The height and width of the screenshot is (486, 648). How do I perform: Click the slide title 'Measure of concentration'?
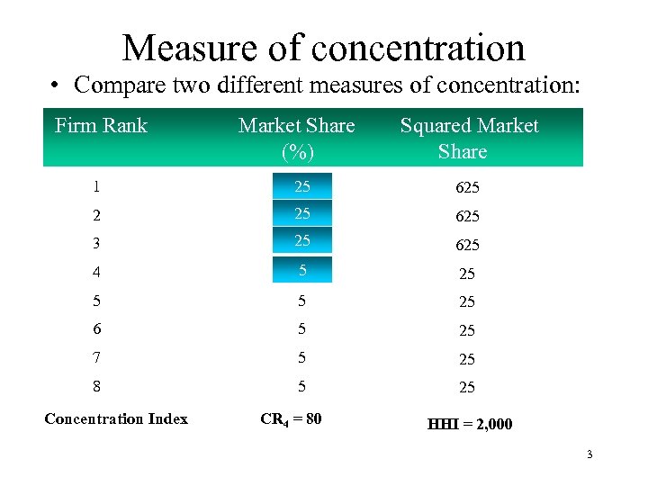click(323, 47)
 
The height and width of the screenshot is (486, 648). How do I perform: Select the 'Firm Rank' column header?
click(101, 126)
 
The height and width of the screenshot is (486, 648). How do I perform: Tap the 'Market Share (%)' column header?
click(296, 139)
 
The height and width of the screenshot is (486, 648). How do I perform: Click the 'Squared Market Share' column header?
click(469, 139)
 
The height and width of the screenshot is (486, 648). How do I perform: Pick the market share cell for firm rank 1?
click(301, 187)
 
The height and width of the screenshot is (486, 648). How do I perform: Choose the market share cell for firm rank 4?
click(301, 269)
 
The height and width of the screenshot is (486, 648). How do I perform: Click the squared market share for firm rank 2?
click(467, 216)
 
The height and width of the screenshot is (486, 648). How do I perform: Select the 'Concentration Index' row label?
click(116, 418)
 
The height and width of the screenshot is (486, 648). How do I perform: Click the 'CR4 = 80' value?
click(291, 418)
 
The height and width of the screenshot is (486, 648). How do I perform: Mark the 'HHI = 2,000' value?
click(469, 424)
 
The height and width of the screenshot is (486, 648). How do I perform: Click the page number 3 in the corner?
click(589, 454)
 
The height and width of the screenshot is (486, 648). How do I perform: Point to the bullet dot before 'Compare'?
click(57, 86)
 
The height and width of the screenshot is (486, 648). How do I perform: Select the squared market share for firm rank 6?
click(467, 330)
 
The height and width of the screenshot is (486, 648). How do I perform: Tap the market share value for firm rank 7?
click(301, 358)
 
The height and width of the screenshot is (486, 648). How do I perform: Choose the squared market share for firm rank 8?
click(467, 388)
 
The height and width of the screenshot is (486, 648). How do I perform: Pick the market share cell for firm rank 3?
click(301, 240)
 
